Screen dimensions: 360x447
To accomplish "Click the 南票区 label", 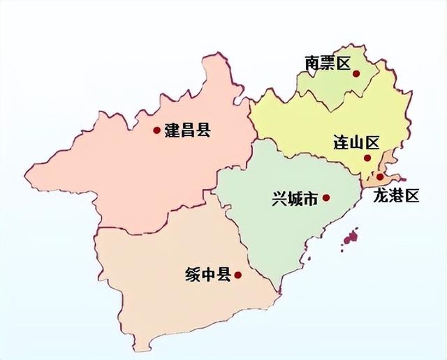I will coord(327,63).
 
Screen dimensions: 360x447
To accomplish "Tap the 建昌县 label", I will coord(187,130).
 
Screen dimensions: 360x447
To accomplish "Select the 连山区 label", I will coord(356,144).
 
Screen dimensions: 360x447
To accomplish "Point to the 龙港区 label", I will coord(396,196).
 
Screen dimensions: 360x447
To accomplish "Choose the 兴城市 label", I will coord(295,199).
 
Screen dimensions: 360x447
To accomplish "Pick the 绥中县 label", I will coord(207,275).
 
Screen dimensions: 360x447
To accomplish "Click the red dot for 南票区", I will coord(356,73).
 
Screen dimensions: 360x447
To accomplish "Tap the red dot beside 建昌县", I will coord(156,130).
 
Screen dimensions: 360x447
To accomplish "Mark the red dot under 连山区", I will coord(367,158).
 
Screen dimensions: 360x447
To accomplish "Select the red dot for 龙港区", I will coord(379,177).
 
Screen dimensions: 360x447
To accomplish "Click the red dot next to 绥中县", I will coord(237,275).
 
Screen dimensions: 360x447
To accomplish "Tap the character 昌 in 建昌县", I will coord(187,130).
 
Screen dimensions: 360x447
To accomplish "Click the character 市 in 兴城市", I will coord(311,199).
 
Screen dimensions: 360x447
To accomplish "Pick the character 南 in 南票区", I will coord(312,63).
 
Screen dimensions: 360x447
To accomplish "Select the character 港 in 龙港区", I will coord(396,196).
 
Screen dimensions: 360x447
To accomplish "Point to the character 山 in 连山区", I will coord(356,144).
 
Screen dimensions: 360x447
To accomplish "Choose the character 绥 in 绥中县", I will coord(192,275).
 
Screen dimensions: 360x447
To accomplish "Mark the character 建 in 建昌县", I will coord(172,130).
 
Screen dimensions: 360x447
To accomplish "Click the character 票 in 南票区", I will coord(327,63).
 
